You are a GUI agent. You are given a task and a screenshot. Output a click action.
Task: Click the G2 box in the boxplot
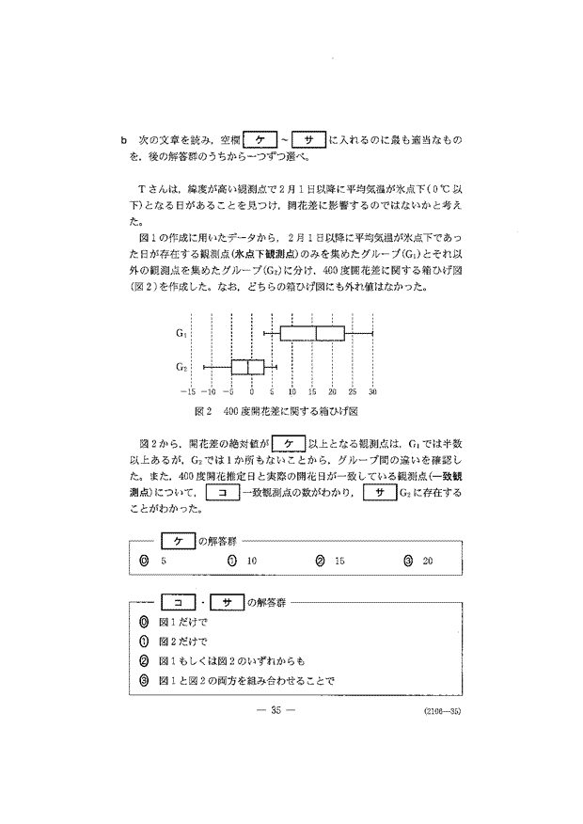click(247, 366)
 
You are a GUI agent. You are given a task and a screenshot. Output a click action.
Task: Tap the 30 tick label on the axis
click(373, 392)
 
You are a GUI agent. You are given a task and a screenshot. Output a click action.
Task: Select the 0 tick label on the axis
click(251, 392)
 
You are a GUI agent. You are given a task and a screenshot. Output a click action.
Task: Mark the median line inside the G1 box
click(317, 333)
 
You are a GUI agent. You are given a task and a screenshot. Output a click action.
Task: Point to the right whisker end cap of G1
click(373, 333)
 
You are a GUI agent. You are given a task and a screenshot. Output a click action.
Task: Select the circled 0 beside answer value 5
click(143, 561)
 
